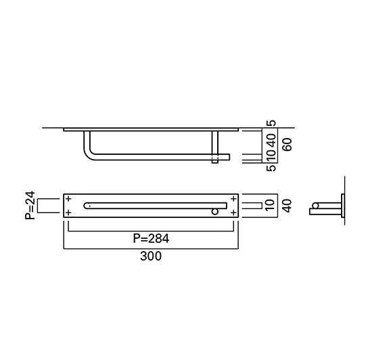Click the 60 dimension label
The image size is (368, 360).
coord(287,144)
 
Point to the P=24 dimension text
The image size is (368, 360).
coord(29,206)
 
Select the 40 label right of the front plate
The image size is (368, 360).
coord(287,206)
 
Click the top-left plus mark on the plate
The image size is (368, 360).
coord(69,199)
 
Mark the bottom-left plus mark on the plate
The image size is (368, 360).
coord(69,212)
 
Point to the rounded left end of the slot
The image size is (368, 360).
coord(86,205)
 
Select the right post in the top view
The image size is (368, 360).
coord(215,146)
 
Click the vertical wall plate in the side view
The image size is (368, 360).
coord(344,205)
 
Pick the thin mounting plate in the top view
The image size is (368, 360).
coord(150,129)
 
